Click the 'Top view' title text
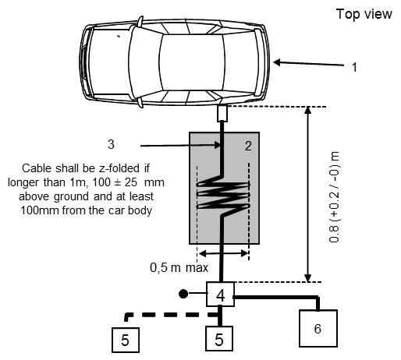click(x=364, y=14)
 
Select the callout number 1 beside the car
click(x=354, y=67)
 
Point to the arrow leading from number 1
click(x=309, y=63)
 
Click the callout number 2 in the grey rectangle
click(x=248, y=146)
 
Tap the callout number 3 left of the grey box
click(x=111, y=144)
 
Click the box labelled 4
click(x=220, y=294)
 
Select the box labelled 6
click(x=318, y=328)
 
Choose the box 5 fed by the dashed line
click(x=126, y=340)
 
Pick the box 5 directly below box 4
click(x=219, y=339)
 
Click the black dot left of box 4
click(x=183, y=294)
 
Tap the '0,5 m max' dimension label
click(x=179, y=267)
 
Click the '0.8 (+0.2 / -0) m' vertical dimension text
click(x=334, y=197)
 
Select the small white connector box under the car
click(x=222, y=114)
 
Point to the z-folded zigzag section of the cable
click(x=223, y=195)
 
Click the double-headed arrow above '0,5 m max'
click(x=223, y=253)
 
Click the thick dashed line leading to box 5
click(x=172, y=316)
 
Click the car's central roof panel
click(x=192, y=62)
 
